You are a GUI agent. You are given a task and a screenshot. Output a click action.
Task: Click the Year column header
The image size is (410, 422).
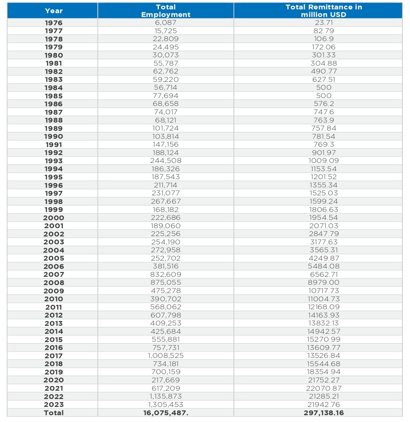pyautogui.click(x=54, y=11)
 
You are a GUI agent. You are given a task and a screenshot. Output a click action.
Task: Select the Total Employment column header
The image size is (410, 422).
pyautogui.click(x=166, y=11)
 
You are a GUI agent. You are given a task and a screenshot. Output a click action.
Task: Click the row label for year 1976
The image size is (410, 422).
pyautogui.click(x=54, y=23)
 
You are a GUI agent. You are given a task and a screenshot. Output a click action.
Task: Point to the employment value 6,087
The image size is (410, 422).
pyautogui.click(x=166, y=23)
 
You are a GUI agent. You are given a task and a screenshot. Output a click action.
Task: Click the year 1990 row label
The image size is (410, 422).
pyautogui.click(x=54, y=137)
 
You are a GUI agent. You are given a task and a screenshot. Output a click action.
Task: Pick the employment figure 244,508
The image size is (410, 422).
pyautogui.click(x=166, y=161)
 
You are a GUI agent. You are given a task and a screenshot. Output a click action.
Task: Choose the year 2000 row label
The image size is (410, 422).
pyautogui.click(x=54, y=218)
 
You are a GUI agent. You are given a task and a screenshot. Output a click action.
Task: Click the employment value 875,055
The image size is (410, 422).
pyautogui.click(x=166, y=282)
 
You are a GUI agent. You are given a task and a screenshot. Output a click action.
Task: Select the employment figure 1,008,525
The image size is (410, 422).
pyautogui.click(x=166, y=356)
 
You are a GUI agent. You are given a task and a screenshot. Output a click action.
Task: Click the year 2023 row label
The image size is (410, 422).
pyautogui.click(x=54, y=405)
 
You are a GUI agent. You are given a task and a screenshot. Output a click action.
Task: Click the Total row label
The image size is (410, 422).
pyautogui.click(x=54, y=413)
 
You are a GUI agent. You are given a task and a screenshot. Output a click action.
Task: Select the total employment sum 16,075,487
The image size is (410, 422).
pyautogui.click(x=166, y=413)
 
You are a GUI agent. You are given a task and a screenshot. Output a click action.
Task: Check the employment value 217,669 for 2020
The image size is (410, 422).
pyautogui.click(x=166, y=380)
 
